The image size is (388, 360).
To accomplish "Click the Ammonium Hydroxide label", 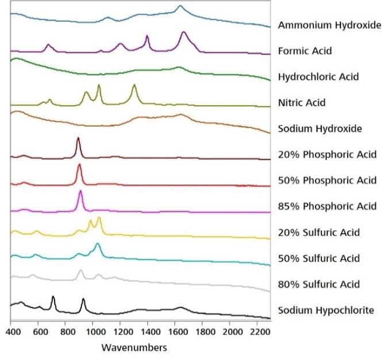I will coord(329,25).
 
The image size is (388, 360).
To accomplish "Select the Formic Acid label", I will coord(305,51).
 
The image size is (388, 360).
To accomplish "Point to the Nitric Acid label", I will coord(301,103).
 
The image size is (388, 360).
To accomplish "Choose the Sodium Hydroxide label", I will coord(320,129).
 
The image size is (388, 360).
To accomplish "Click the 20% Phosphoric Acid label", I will coord(327,154).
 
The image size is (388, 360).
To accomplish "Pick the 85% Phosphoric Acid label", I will coord(327,206).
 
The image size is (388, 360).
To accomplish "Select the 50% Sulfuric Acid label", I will coord(318,258).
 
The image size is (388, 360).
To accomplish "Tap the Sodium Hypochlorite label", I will coord(326,311).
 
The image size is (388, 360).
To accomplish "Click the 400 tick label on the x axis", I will coord(11,332).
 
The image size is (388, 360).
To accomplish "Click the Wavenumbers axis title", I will coord(134,347).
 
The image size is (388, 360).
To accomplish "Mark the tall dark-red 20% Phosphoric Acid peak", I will coord(78,139).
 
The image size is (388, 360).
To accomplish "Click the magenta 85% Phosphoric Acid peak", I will coord(80,191).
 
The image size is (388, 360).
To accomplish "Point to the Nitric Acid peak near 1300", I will coord(135,86).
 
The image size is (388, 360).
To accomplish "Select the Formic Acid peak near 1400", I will coord(147,37).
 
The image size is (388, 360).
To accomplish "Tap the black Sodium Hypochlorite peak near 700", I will coord(53,297).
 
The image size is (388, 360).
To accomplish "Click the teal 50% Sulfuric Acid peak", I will coord(97,244).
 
